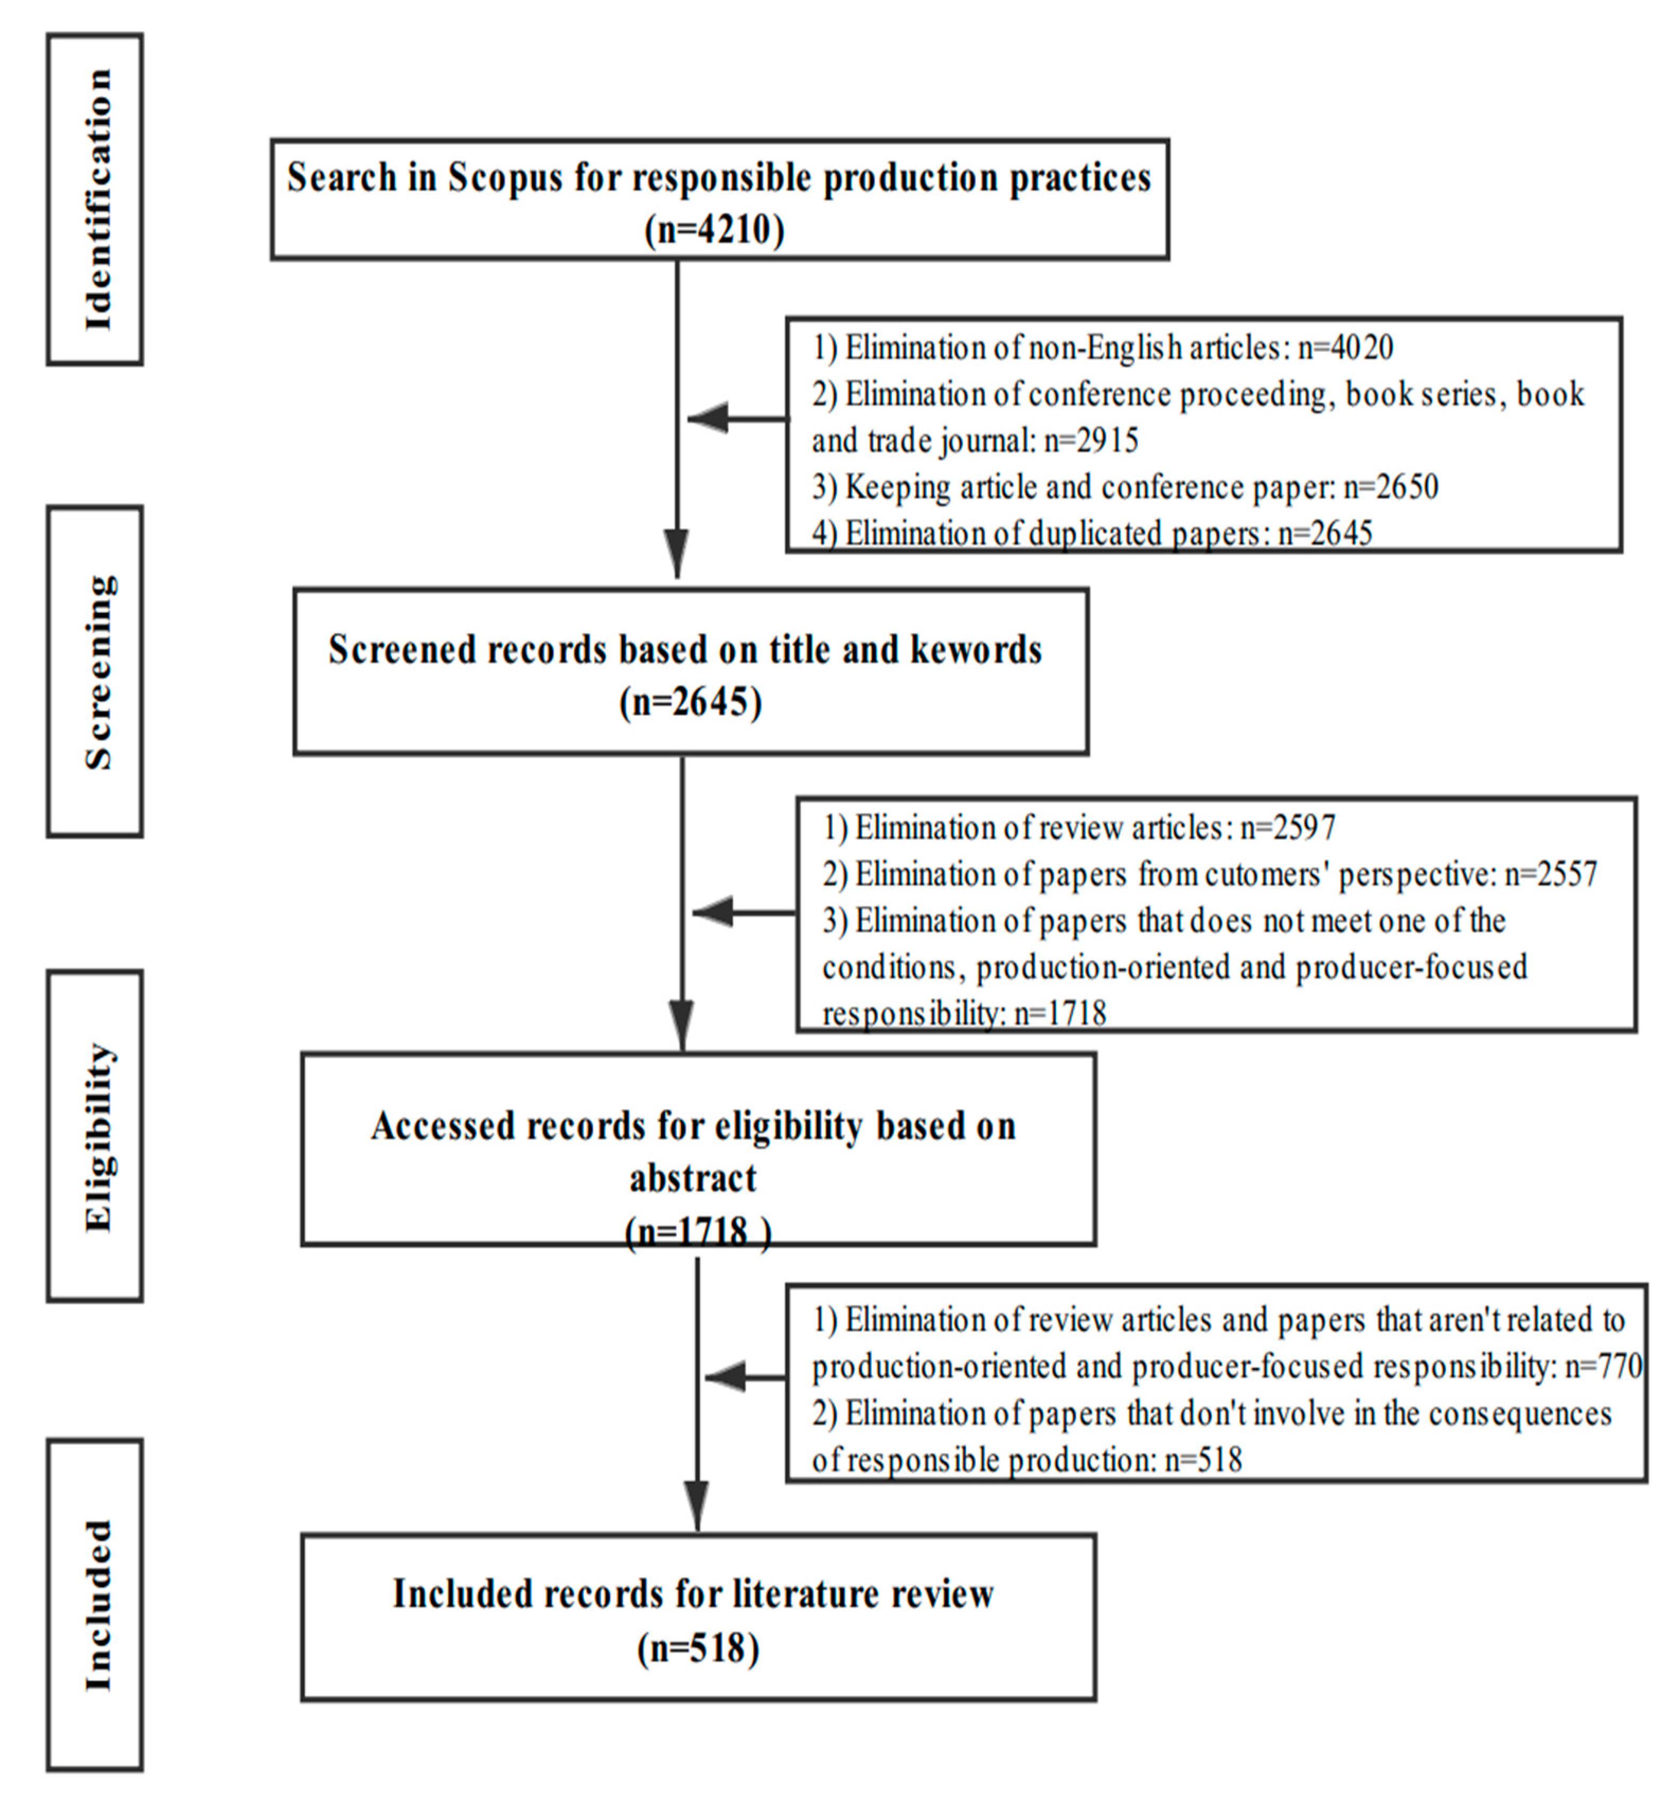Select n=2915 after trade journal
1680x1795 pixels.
[1091, 440]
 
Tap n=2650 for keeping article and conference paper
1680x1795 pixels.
[1390, 488]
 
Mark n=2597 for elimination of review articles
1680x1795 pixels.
[1287, 828]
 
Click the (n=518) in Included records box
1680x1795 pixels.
[698, 1649]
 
